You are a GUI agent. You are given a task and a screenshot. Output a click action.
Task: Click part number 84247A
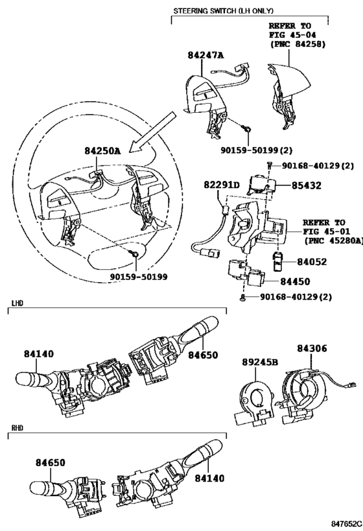[206, 55]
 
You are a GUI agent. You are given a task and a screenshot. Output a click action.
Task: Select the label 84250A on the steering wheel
[102, 151]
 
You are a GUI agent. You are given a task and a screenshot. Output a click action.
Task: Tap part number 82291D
[222, 185]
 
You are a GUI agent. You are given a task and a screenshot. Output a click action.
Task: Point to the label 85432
[307, 185]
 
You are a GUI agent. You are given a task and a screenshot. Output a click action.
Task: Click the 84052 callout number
[312, 262]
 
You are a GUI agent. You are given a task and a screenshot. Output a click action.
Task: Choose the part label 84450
[295, 282]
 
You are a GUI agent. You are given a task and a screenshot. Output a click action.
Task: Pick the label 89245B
[260, 362]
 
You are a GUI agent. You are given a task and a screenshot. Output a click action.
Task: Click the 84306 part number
[312, 348]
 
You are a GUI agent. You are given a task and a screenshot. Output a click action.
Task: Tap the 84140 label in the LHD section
[39, 354]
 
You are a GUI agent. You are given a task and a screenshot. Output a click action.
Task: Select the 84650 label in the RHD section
[50, 462]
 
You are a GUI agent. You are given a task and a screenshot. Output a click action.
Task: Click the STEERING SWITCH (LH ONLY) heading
[224, 11]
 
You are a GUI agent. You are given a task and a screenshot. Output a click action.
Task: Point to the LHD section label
[18, 303]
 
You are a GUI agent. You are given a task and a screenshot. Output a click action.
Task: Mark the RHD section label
[18, 428]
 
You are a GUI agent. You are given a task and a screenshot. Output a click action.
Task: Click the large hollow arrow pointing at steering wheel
[152, 132]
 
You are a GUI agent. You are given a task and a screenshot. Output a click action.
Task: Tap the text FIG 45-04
[293, 35]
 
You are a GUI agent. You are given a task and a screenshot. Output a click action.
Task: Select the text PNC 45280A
[334, 241]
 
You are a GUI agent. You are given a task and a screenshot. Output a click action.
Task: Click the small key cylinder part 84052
[278, 261]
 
